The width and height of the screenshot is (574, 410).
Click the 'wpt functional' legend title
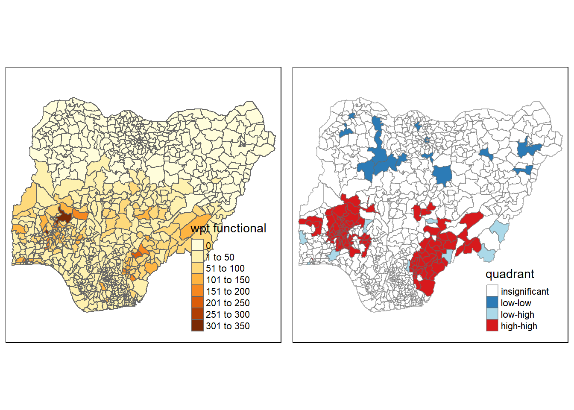[228, 228]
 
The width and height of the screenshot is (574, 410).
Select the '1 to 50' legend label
[220, 257]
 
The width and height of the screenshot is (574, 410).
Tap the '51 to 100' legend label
[225, 269]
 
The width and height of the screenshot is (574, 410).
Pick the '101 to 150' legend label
[228, 280]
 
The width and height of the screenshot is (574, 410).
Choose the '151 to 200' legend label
[228, 292]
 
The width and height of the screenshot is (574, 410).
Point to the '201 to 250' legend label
[228, 303]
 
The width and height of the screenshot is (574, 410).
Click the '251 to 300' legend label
[228, 315]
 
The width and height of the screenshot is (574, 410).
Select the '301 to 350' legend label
[228, 326]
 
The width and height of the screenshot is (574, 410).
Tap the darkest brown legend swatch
[197, 325]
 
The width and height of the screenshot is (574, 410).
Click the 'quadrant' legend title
[510, 274]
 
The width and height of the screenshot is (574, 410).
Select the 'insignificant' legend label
[525, 292]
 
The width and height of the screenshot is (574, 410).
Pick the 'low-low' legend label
[516, 303]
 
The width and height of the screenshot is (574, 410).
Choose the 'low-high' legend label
[518, 315]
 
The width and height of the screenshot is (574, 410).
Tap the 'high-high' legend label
[519, 326]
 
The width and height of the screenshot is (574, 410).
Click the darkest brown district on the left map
[64, 217]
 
